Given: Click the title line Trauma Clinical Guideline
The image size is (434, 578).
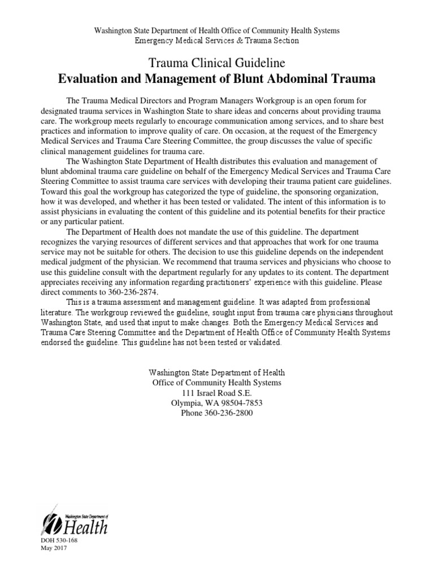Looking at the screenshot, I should (x=217, y=62).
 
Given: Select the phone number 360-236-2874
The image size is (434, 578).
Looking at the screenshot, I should (x=130, y=291).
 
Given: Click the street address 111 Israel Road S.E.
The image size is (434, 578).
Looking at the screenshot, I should (x=217, y=393).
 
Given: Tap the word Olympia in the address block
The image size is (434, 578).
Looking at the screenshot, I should (x=186, y=403).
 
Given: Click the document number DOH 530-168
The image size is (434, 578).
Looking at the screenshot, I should (x=60, y=541).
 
